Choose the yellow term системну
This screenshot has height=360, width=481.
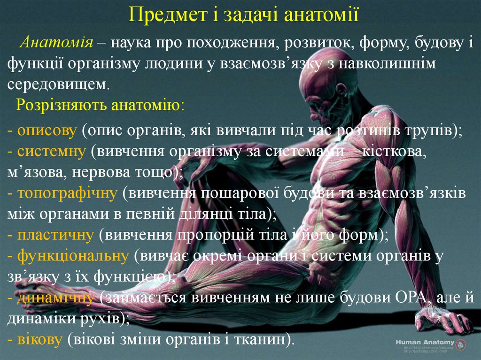(52, 151)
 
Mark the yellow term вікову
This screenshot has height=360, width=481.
(40, 339)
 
